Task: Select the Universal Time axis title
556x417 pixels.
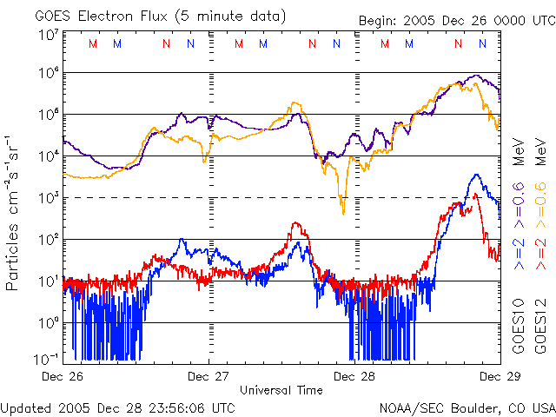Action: pyautogui.click(x=281, y=390)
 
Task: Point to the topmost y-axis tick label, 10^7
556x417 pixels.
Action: pyautogui.click(x=49, y=35)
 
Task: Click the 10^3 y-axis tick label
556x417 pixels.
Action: pyautogui.click(x=49, y=198)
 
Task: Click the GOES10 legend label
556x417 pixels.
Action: pyautogui.click(x=518, y=329)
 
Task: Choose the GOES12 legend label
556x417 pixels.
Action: pyautogui.click(x=540, y=329)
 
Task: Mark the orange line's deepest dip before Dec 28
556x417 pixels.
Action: pyautogui.click(x=343, y=212)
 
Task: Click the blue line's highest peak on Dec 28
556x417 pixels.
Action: pyautogui.click(x=475, y=175)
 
